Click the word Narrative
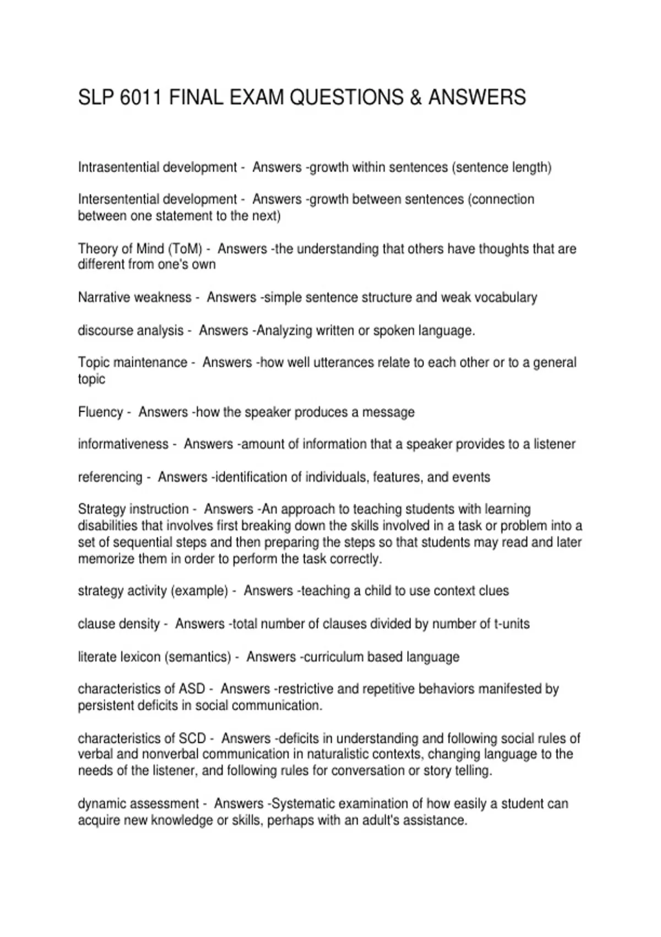tap(104, 298)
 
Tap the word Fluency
tap(100, 412)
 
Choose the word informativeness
tap(123, 444)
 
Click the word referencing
tap(110, 477)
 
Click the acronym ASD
tap(192, 689)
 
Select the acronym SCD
tap(192, 739)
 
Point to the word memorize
tap(104, 559)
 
